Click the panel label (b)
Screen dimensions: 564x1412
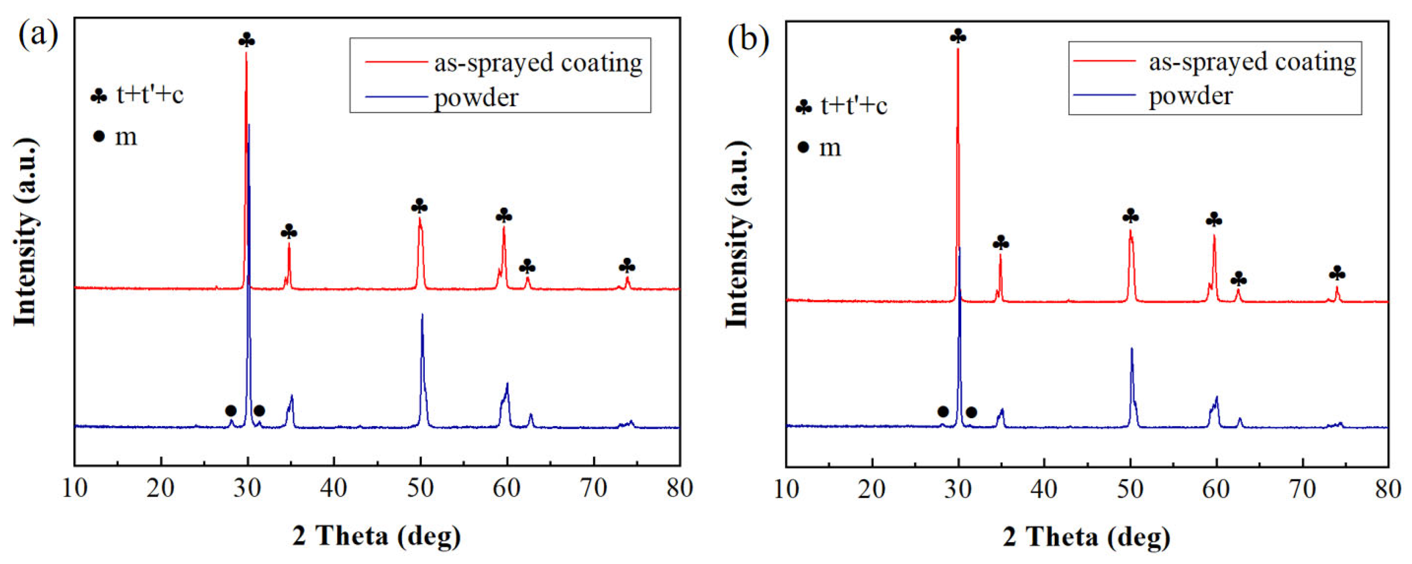pyautogui.click(x=748, y=40)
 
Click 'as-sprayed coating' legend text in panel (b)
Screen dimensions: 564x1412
pyautogui.click(x=1252, y=61)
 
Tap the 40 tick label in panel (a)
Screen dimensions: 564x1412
pyautogui.click(x=334, y=488)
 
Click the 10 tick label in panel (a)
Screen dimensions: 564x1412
pyautogui.click(x=75, y=488)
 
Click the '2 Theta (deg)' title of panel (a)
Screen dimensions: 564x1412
pyautogui.click(x=377, y=536)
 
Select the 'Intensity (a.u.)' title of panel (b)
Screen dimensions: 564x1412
pyautogui.click(x=738, y=235)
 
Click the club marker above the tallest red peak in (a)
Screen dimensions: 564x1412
pyautogui.click(x=247, y=40)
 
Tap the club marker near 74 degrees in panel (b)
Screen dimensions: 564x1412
pyautogui.click(x=1337, y=273)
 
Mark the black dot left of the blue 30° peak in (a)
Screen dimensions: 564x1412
pyautogui.click(x=231, y=411)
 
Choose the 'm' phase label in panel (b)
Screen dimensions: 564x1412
pyautogui.click(x=830, y=148)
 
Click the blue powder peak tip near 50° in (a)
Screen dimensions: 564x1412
pyautogui.click(x=421, y=315)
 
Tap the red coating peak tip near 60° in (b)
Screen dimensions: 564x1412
pyautogui.click(x=1214, y=236)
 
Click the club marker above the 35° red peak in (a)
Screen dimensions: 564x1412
pyautogui.click(x=289, y=232)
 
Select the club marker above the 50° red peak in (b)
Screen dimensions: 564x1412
pyautogui.click(x=1130, y=216)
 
